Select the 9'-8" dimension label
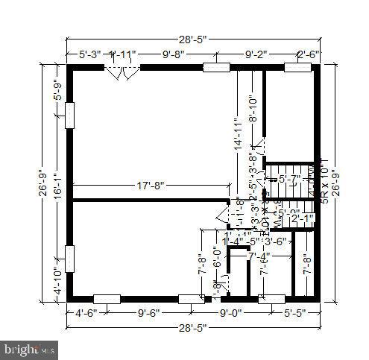(177, 54)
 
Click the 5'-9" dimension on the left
(60, 89)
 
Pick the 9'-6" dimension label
(149, 314)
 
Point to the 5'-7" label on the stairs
(290, 179)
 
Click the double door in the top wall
(122, 73)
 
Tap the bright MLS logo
(31, 348)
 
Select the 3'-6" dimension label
(276, 241)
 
